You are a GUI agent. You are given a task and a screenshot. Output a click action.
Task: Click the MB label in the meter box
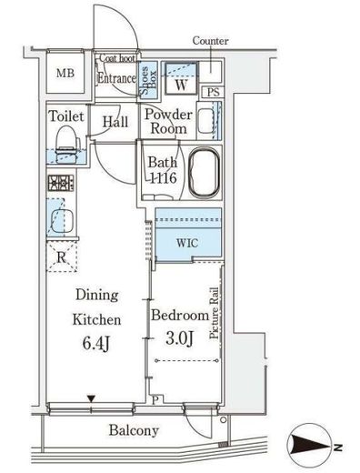pos(65,73)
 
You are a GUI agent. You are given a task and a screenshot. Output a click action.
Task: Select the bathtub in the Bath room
pos(205,173)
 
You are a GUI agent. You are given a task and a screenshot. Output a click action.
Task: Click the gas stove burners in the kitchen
pos(61,183)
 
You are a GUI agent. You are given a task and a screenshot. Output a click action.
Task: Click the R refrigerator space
pos(62,257)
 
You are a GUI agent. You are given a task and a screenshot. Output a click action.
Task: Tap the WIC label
pos(187,243)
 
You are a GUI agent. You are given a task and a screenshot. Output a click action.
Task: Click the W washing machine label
pos(181,85)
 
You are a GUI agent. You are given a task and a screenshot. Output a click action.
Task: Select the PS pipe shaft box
pos(213,92)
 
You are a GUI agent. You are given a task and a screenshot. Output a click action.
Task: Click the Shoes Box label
pos(148,80)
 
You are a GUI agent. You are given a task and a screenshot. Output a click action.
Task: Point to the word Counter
pos(210,41)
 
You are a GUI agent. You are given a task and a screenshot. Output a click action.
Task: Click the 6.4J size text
pos(95,344)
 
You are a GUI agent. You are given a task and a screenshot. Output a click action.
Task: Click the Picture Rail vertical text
pos(215,313)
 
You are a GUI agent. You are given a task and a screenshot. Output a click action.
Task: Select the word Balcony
pos(134,430)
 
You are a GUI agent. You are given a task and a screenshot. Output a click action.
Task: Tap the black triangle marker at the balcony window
pos(91,398)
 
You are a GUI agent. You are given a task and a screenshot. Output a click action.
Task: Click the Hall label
pos(115,122)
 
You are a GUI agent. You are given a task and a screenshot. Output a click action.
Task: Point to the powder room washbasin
pos(206,121)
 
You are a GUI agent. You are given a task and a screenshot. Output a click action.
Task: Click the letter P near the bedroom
pos(155,400)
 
